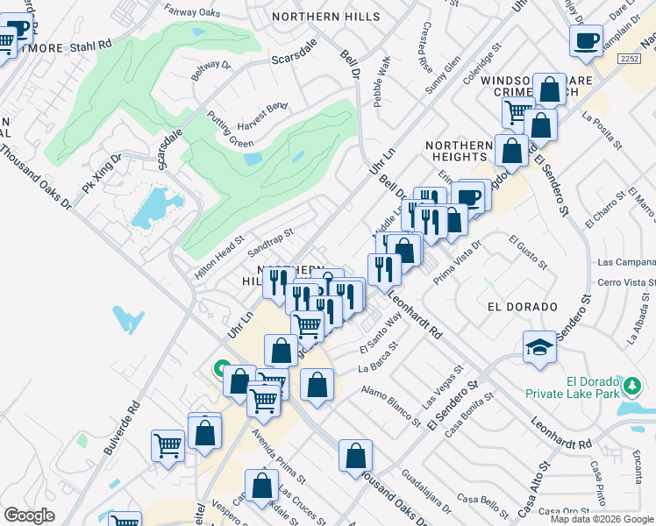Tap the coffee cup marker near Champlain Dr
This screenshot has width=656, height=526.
tap(586, 39)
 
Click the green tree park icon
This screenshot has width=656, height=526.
tap(631, 384)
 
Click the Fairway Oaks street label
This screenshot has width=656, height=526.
tap(192, 11)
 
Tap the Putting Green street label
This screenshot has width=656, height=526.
tap(230, 129)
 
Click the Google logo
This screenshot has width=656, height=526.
tap(29, 515)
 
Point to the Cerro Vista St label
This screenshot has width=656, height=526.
tap(626, 281)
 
